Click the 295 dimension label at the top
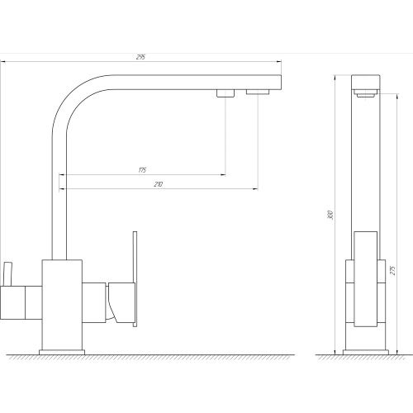click(140, 57)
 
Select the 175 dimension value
click(142, 170)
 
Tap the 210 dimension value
click(159, 184)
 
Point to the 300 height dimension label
click(331, 215)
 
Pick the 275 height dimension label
click(393, 270)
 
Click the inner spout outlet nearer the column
click(225, 93)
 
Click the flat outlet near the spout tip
click(258, 92)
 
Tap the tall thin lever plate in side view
click(135, 279)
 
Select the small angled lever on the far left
click(7, 274)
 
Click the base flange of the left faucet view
click(62, 352)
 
